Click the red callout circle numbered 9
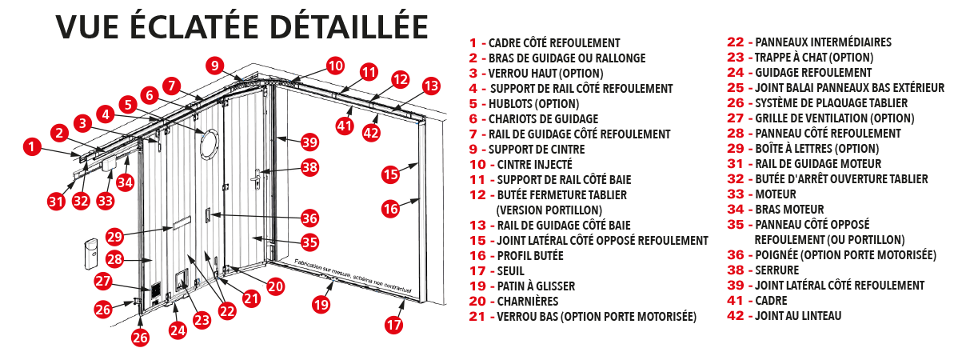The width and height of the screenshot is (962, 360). (x=214, y=66)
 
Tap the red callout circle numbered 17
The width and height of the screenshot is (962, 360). (x=393, y=325)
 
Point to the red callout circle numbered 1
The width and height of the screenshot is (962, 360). (x=31, y=146)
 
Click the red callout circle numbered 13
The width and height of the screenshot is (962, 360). (x=431, y=85)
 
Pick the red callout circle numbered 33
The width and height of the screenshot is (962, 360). (x=106, y=200)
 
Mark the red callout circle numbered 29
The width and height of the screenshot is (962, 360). (x=114, y=237)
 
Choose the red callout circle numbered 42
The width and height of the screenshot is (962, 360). (x=371, y=133)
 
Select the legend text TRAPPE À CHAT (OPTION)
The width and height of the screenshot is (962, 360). (x=813, y=58)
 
